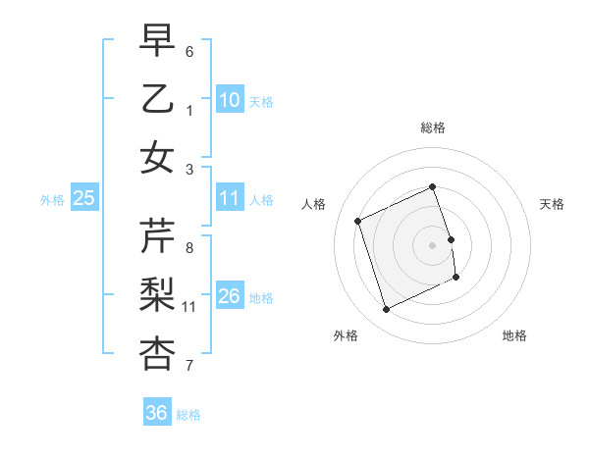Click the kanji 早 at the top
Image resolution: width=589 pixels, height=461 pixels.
coord(157,42)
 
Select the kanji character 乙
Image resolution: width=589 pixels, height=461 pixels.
coord(157,99)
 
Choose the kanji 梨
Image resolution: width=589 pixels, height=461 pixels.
coord(157,295)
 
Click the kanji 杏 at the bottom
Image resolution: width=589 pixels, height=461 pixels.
coord(157,353)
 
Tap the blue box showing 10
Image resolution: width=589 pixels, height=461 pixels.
coord(229,100)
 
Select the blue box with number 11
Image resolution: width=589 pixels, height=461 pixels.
coord(229,198)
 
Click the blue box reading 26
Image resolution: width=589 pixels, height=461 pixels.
coord(229,296)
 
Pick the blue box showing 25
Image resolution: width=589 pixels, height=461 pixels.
coord(84,198)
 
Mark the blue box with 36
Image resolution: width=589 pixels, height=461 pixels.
coord(156,413)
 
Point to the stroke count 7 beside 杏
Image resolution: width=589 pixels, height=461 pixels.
coord(189,366)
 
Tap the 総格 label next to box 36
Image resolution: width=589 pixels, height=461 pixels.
coord(188,415)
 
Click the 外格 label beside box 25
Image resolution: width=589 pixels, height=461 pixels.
coord(52,200)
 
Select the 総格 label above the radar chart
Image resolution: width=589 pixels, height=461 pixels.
coord(432,128)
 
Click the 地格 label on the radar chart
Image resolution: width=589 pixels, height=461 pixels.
coord(514,335)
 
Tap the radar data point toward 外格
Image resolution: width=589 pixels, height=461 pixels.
coord(386,310)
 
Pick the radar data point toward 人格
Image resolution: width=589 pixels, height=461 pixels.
coord(358,222)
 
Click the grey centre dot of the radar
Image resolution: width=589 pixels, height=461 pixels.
coord(432,244)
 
